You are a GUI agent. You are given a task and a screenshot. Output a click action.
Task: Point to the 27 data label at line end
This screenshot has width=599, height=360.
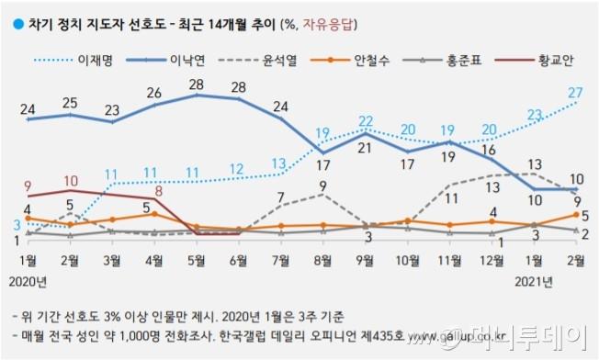pyautogui.click(x=577, y=92)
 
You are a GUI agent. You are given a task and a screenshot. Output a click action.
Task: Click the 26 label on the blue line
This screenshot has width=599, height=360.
pyautogui.click(x=154, y=94)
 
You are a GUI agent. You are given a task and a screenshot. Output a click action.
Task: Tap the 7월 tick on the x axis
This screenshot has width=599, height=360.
pyautogui.click(x=280, y=258)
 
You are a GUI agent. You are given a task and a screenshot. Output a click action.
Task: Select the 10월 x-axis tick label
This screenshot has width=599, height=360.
pyautogui.click(x=405, y=258)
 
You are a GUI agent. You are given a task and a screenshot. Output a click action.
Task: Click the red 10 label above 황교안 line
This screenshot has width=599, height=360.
pyautogui.click(x=71, y=180)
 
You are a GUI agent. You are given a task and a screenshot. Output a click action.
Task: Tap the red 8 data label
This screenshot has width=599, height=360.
pyautogui.click(x=159, y=191)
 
